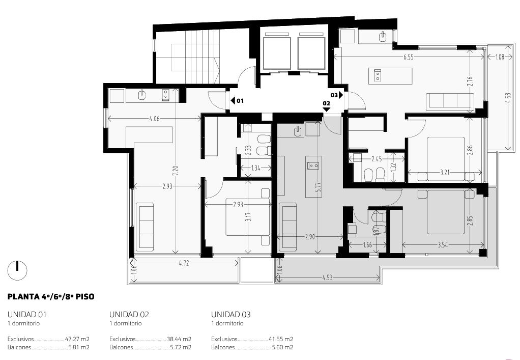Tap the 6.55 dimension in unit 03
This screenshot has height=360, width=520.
408,57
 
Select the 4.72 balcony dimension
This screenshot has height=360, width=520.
184,263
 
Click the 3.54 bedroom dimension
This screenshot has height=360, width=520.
443,245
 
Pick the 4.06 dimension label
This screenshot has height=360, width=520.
155,119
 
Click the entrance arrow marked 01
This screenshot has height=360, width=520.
233,100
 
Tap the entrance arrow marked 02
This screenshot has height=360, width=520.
327,109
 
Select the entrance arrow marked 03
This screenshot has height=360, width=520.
341,95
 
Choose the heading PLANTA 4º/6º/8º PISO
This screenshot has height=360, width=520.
51,297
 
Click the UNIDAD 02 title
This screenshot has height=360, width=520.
129,314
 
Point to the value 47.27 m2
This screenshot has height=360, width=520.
77,339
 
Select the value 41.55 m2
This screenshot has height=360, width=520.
281,339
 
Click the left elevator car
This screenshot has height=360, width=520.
277,53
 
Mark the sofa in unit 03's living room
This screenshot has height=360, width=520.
450,101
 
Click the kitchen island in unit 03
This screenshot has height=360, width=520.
391,76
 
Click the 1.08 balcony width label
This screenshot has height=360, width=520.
500,57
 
